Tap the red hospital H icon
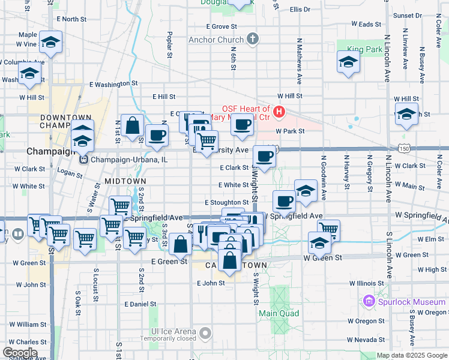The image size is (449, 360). coord(279,112)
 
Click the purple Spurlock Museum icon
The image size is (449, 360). coord(370,301)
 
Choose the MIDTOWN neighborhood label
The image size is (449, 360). coord(125,181)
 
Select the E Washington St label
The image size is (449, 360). coord(113,85)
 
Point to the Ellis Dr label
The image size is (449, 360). coord(300,10)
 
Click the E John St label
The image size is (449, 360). coord(211,283)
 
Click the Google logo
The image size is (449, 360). coord(20,352)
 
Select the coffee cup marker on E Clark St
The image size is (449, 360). coord(265,157)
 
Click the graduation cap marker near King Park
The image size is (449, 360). coord(348,62)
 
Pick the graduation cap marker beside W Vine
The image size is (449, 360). coord(52,43)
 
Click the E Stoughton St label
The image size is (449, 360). coord(226,203)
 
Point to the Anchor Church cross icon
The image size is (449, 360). coord(253,40)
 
